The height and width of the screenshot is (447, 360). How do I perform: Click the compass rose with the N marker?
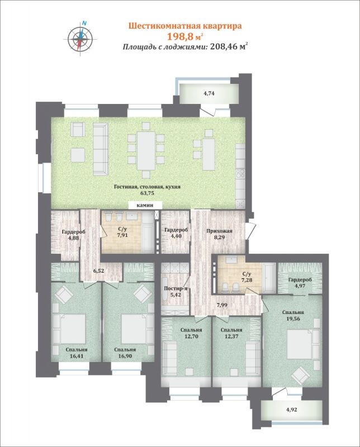(80, 38)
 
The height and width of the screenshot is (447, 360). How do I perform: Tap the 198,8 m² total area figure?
(185, 36)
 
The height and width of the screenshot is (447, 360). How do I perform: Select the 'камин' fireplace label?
(145, 205)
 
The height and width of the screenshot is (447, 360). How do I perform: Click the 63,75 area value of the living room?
(147, 193)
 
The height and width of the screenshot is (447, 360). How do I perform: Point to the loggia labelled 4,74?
(209, 93)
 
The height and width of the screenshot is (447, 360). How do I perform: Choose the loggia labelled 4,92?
(292, 411)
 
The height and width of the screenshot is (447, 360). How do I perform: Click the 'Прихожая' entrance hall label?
(219, 231)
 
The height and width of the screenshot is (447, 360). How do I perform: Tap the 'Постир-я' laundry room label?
(176, 288)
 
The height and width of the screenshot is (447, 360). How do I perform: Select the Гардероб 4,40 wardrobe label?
(176, 233)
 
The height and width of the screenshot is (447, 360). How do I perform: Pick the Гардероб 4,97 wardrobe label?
(300, 283)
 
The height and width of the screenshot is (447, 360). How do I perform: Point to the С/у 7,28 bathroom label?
(247, 277)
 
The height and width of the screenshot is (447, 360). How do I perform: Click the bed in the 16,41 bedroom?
(70, 329)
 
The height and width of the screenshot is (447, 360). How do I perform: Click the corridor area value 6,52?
(99, 271)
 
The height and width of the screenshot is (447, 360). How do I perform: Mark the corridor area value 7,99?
(222, 305)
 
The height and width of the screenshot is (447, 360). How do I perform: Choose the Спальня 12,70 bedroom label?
(191, 333)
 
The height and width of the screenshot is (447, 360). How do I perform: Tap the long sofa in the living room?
(101, 149)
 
